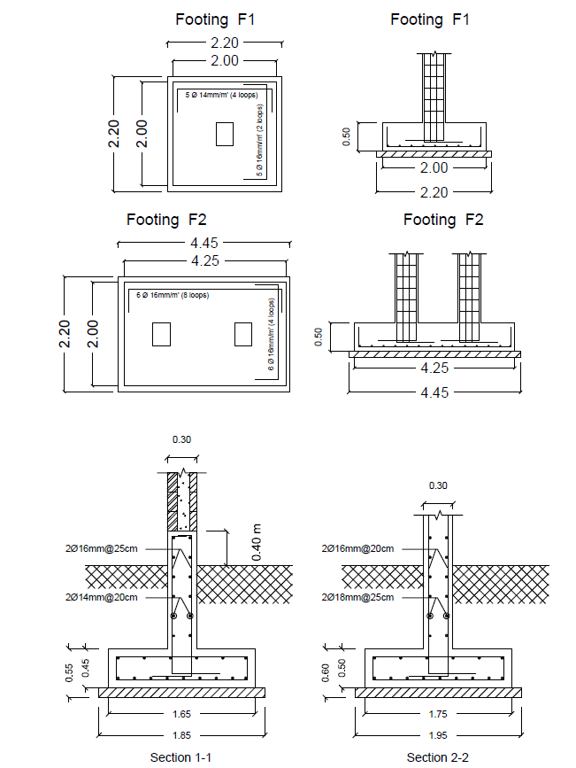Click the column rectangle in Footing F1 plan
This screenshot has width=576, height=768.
coord(224,134)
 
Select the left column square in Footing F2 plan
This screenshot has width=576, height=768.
coord(160,334)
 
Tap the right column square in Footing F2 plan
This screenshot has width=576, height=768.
coord(243,334)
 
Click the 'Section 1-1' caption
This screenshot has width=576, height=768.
coord(180,757)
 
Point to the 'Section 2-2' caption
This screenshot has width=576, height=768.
coord(434,757)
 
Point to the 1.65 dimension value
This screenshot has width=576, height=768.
coord(180,712)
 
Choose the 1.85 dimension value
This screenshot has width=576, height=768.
coord(180,734)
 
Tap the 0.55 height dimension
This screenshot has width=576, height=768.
coord(70,673)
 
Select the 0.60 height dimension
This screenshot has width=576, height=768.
coord(325,674)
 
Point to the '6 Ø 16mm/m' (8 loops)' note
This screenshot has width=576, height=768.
coord(173,295)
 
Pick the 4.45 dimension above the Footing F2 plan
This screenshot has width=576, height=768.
coord(204,243)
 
